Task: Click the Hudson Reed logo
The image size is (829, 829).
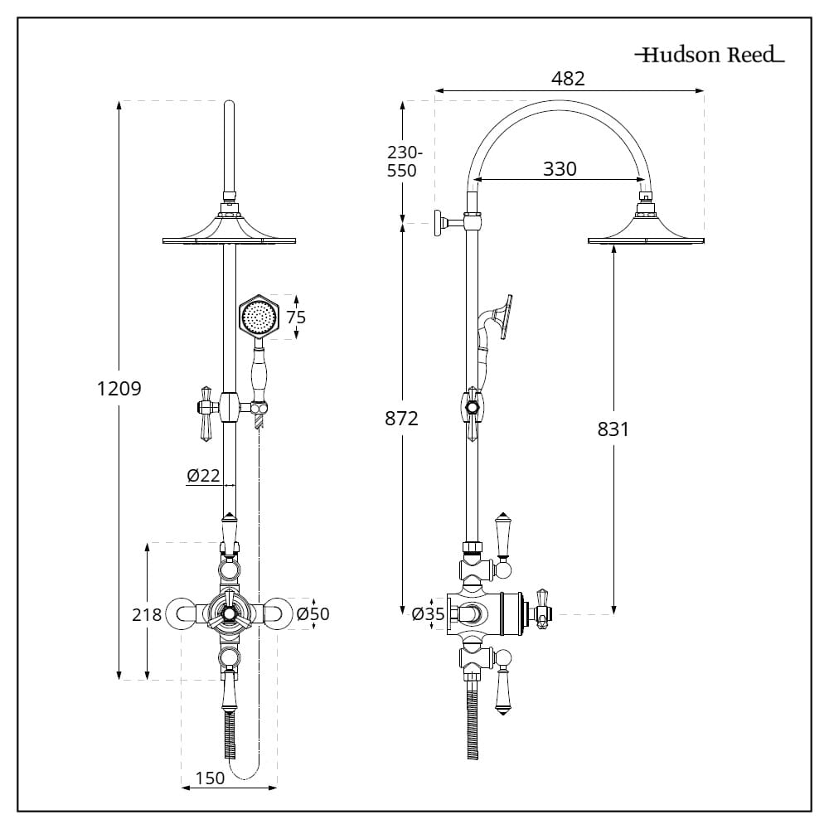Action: click(710, 56)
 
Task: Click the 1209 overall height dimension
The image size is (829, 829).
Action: click(119, 388)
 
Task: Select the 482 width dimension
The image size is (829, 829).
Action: click(569, 79)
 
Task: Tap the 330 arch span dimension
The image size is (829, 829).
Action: click(560, 169)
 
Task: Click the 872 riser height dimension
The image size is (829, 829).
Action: click(402, 419)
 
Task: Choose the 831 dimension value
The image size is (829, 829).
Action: click(613, 429)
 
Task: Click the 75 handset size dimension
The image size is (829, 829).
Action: click(296, 317)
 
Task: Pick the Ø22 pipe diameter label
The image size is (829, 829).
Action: click(203, 475)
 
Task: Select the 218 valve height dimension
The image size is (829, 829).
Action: click(147, 614)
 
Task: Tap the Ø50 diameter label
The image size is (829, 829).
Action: click(313, 614)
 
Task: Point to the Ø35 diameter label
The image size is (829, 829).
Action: click(428, 614)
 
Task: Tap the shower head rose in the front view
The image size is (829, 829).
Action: click(230, 231)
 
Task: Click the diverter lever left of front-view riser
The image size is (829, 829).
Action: click(204, 411)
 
